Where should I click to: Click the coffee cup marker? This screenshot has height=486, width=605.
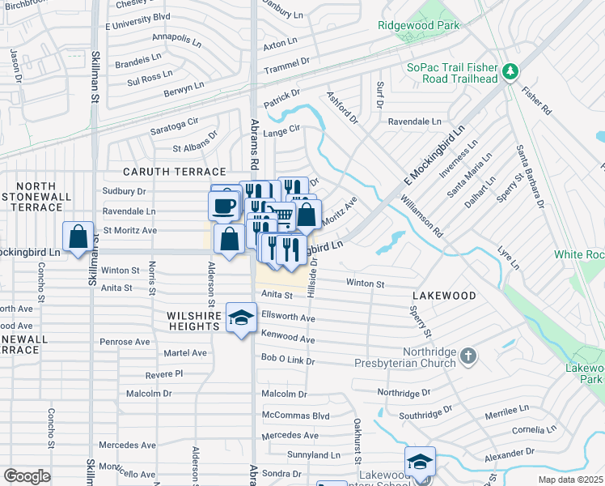click(x=223, y=205)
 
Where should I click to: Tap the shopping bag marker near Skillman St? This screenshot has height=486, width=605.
click(x=78, y=238)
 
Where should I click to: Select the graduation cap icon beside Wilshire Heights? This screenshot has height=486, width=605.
click(x=241, y=318)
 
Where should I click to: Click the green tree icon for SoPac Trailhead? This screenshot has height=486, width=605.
click(x=510, y=73)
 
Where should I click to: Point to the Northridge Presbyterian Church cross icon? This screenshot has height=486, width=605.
click(x=468, y=356)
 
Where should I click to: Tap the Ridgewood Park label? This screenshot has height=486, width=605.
click(x=418, y=25)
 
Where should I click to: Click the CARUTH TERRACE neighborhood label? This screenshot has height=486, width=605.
click(x=174, y=173)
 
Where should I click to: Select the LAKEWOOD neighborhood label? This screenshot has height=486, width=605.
click(x=444, y=296)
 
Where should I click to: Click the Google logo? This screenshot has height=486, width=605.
click(x=27, y=476)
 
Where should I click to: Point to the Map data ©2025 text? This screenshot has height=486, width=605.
click(x=570, y=480)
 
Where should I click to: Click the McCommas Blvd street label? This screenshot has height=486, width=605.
click(x=295, y=416)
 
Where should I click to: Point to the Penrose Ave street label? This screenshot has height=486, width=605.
click(x=126, y=342)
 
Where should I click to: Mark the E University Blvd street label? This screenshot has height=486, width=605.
click(x=137, y=16)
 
